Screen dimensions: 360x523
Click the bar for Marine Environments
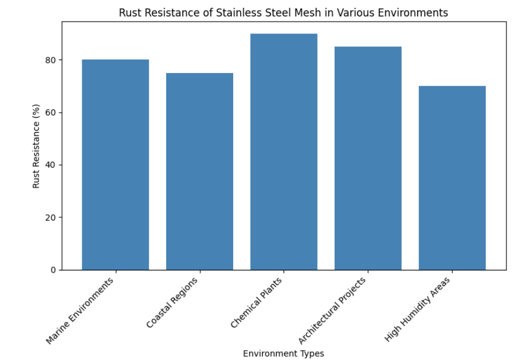click(x=115, y=164)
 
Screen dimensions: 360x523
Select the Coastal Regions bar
click(x=200, y=171)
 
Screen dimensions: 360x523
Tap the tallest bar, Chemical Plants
click(x=284, y=152)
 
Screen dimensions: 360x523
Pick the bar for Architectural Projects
click(x=368, y=158)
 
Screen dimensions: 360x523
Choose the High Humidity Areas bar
click(x=452, y=178)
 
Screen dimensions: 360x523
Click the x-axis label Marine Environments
click(x=81, y=310)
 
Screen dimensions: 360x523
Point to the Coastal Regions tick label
click(x=173, y=302)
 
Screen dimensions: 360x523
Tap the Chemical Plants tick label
click(x=256, y=303)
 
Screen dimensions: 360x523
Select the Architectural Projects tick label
click(x=332, y=311)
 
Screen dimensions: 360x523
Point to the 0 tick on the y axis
click(x=53, y=270)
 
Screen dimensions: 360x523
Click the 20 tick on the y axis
click(x=50, y=218)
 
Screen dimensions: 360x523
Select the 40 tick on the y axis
click(x=50, y=165)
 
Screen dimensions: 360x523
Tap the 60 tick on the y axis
click(x=50, y=113)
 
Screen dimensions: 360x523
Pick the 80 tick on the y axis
click(x=50, y=60)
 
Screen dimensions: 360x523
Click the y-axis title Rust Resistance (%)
click(x=36, y=146)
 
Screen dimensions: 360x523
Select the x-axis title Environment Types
click(x=284, y=354)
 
